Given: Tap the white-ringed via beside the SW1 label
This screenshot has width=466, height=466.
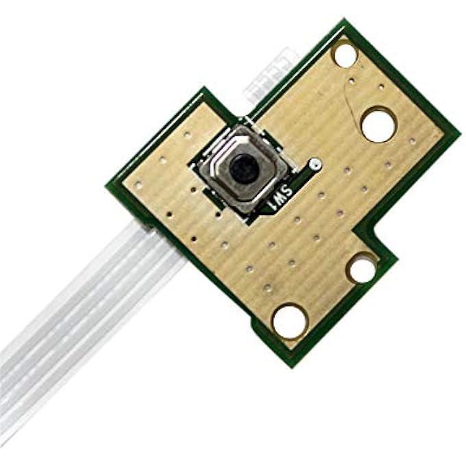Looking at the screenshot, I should [315, 165].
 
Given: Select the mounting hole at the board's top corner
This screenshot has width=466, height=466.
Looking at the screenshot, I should [344, 53].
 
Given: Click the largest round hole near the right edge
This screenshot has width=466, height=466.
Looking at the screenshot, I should [378, 125].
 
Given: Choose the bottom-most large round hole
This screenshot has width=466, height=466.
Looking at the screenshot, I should [290, 320].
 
